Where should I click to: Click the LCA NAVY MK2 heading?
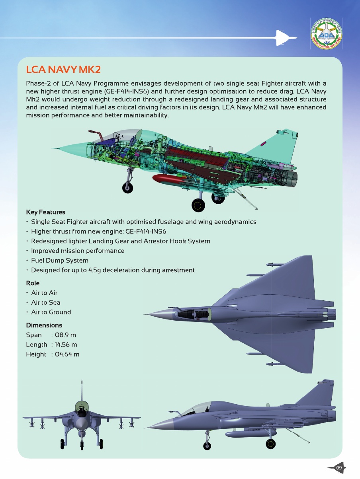[63, 70]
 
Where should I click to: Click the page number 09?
[339, 467]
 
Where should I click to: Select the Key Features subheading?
[45, 212]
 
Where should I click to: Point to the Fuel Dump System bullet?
[60, 261]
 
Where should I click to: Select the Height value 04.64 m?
[68, 354]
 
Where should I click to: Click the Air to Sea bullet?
[46, 302]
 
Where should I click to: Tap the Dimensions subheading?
[44, 325]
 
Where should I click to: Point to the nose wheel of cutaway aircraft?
[127, 188]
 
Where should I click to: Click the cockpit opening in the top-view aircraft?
[193, 315]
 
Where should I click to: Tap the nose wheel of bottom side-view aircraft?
[207, 446]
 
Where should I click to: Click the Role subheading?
[33, 283]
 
